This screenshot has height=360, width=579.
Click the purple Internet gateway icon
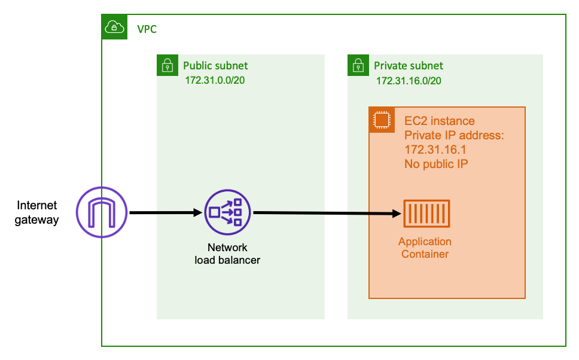[102, 212]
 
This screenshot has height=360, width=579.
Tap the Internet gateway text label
[37, 213]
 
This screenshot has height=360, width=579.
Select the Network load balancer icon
[227, 212]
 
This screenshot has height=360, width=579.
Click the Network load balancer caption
[227, 254]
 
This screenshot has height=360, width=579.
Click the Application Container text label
[425, 248]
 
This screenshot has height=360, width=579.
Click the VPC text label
[147, 29]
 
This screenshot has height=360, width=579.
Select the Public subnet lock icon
[167, 65]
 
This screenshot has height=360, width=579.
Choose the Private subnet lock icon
[358, 65]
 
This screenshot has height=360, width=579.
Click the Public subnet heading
[215, 66]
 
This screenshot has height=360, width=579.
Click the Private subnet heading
[409, 66]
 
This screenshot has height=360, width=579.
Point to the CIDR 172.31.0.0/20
[215, 81]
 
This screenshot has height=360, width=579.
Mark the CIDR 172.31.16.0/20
[409, 81]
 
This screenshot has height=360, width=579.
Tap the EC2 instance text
[439, 121]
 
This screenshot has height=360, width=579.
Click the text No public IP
[435, 163]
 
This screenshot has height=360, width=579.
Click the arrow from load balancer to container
[326, 213]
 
